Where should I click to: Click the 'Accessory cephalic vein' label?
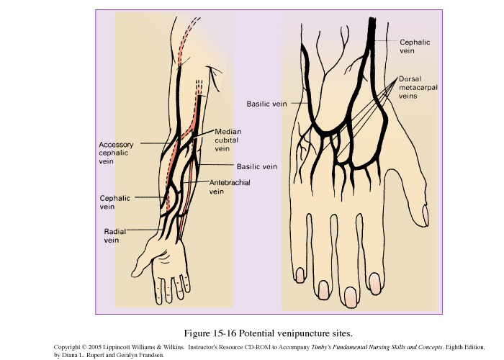116,153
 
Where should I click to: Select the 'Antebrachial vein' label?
224,187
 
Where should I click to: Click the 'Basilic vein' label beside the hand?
266,104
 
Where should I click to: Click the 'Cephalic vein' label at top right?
415,47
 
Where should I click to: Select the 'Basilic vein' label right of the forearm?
257,166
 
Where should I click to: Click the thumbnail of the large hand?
425,215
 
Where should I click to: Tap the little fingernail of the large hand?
298,274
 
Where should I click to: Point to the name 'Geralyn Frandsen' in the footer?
141,354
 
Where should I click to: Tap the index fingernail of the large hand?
374,279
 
